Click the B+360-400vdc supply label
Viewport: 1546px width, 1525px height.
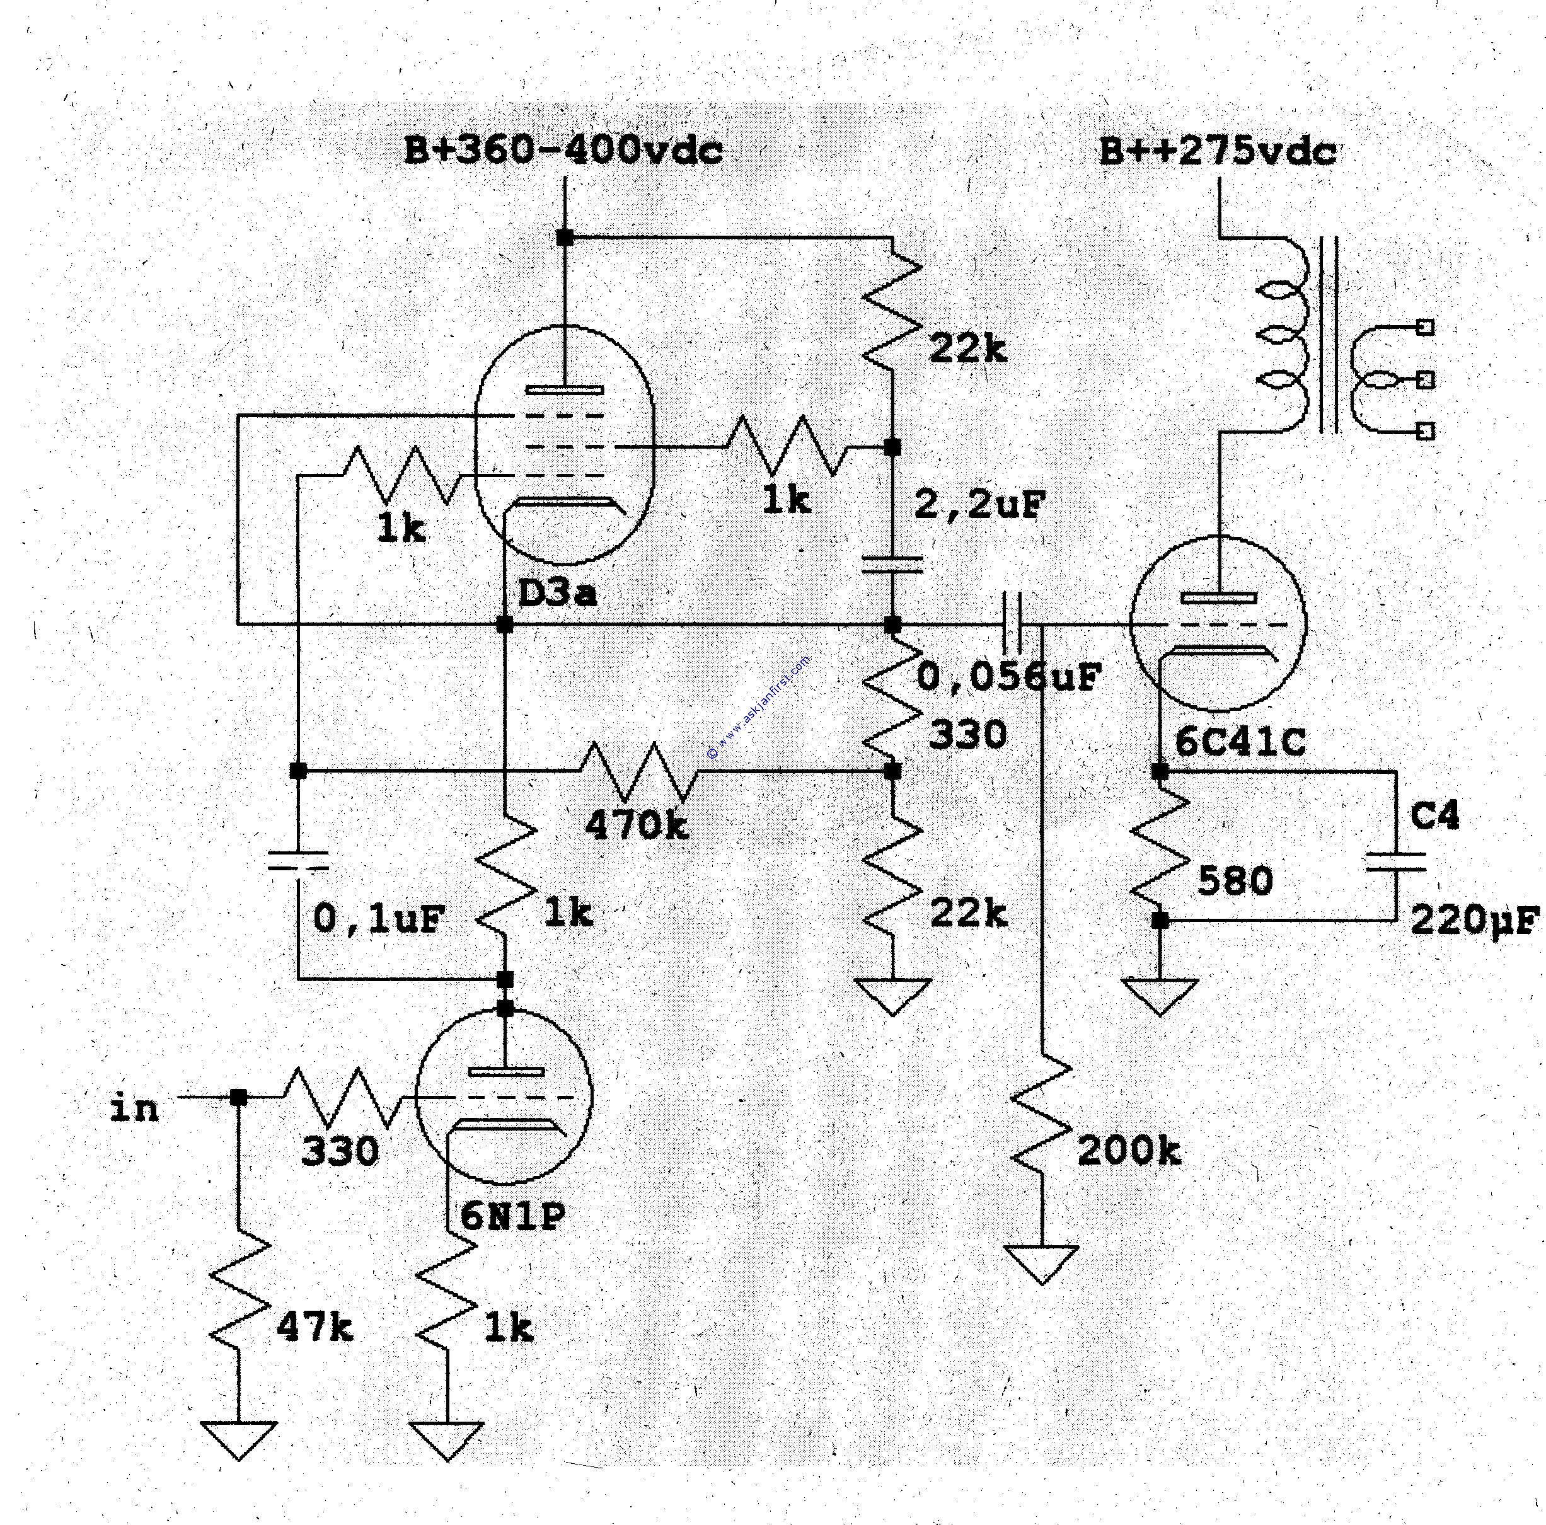pos(563,151)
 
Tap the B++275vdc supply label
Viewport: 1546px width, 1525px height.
pos(1217,151)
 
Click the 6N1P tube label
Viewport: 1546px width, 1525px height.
pos(512,1216)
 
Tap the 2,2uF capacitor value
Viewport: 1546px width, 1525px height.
pos(979,505)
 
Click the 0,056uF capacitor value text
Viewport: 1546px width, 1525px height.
pos(1008,677)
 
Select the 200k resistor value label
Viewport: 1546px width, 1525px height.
pos(1129,1151)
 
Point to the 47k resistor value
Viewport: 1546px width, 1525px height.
pos(314,1328)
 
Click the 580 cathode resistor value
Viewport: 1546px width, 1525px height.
pos(1235,882)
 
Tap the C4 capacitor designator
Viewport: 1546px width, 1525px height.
pos(1435,816)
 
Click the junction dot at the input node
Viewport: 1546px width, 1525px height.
pos(238,1097)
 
